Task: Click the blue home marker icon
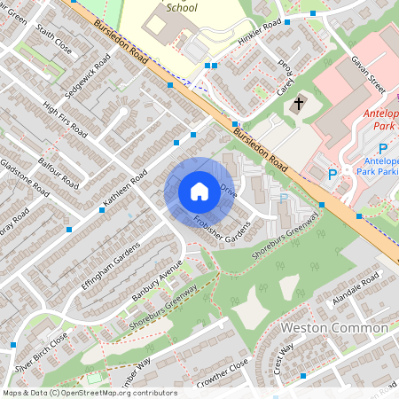(x=199, y=192)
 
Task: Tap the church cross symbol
(x=299, y=104)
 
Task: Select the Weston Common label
(x=334, y=328)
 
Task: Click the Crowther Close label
(x=223, y=370)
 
